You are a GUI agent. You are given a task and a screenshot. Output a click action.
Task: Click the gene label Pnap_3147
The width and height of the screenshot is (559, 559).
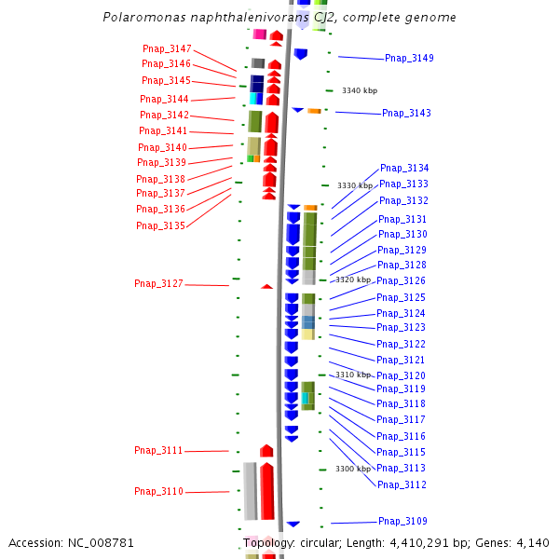(167, 48)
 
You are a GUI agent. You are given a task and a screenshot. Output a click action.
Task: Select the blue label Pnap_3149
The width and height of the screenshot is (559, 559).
(409, 58)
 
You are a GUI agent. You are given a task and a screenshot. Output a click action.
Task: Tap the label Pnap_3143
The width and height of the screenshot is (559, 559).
(406, 113)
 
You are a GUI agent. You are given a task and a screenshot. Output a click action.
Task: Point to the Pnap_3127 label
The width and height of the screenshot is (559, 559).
(158, 283)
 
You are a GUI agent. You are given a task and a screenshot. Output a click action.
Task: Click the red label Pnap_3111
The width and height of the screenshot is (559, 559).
(158, 450)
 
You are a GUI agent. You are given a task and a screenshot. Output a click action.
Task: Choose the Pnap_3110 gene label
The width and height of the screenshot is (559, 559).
(158, 491)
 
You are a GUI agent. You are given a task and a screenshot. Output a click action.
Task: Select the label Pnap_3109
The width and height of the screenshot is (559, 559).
(402, 521)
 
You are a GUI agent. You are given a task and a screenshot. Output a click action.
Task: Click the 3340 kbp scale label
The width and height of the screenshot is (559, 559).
(359, 90)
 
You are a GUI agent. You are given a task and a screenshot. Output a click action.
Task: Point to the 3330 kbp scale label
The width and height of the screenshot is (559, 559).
(354, 185)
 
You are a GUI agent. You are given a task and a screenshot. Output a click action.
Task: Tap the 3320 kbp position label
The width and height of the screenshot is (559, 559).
(353, 279)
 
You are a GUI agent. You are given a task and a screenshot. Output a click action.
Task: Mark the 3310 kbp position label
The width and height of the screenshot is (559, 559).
(353, 375)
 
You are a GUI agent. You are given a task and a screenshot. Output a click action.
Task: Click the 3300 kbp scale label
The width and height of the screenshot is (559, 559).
(353, 469)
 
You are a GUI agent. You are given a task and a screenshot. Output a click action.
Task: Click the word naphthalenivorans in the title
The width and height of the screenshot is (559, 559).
(239, 18)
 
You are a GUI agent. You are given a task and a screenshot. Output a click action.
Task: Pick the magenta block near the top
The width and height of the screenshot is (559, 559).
(260, 34)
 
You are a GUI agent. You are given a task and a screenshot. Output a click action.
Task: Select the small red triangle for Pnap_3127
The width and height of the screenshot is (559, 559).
(267, 286)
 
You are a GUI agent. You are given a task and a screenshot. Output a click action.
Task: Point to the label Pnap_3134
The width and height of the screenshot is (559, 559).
(404, 168)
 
